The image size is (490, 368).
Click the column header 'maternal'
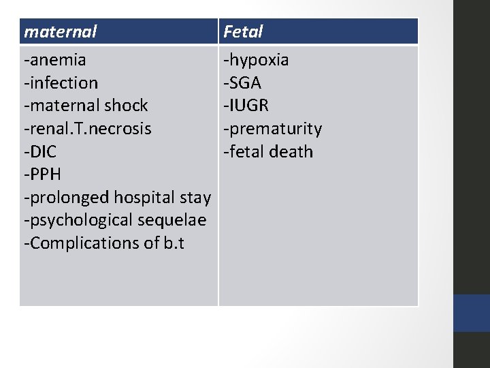pos(60,31)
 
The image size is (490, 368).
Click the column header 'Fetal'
pos(243,31)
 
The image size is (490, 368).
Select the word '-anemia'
pos(54,60)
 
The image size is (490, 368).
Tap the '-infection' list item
pos(61,83)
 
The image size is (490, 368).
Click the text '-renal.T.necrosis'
pos(88,129)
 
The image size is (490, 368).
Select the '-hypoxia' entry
pos(257,60)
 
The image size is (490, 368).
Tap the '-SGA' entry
pos(243,83)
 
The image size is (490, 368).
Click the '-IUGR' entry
pos(246,106)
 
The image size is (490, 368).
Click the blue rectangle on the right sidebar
pos(472,313)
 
